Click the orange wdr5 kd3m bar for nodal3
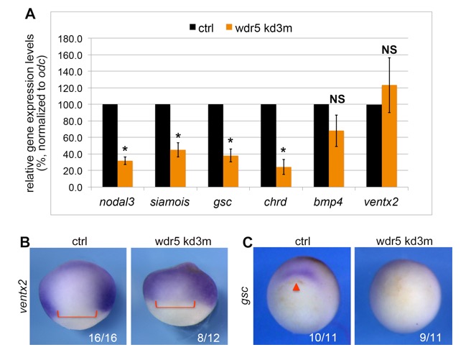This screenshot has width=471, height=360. coord(125,174)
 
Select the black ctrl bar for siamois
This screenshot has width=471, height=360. coord(162,146)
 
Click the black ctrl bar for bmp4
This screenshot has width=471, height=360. coord(321,146)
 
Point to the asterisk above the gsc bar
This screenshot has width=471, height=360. coord(232,142)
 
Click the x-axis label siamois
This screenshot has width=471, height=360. coord(169,201)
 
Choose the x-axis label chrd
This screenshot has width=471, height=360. coord(276,201)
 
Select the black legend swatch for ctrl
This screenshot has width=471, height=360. coord(193,27)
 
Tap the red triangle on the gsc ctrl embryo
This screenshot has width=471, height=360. coord(295,287)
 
